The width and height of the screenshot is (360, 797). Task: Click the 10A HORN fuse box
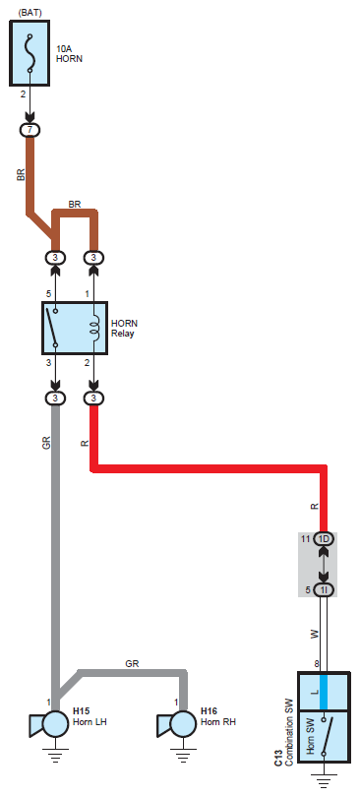[x=30, y=53]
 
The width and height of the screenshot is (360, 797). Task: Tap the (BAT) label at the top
[x=30, y=12]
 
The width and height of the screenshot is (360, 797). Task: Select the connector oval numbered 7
[x=30, y=130]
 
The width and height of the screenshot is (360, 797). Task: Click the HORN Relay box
[x=74, y=328]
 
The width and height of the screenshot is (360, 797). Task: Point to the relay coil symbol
[x=94, y=328]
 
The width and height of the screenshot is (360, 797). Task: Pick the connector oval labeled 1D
[x=324, y=539]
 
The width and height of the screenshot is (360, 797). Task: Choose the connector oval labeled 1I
[x=324, y=589]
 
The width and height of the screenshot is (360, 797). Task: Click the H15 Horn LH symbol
[x=49, y=724]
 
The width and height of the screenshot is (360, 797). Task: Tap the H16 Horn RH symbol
[x=177, y=724]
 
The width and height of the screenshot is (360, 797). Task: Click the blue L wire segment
[x=324, y=692]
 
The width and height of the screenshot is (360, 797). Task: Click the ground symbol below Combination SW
[x=324, y=780]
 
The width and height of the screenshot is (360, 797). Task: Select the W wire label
[x=314, y=635]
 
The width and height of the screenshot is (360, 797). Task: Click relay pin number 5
[x=49, y=294]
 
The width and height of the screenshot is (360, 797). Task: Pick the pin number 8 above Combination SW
[x=317, y=663]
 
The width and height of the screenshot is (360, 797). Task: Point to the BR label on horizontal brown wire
[x=75, y=205]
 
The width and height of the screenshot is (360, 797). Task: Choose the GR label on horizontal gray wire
[x=132, y=663]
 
